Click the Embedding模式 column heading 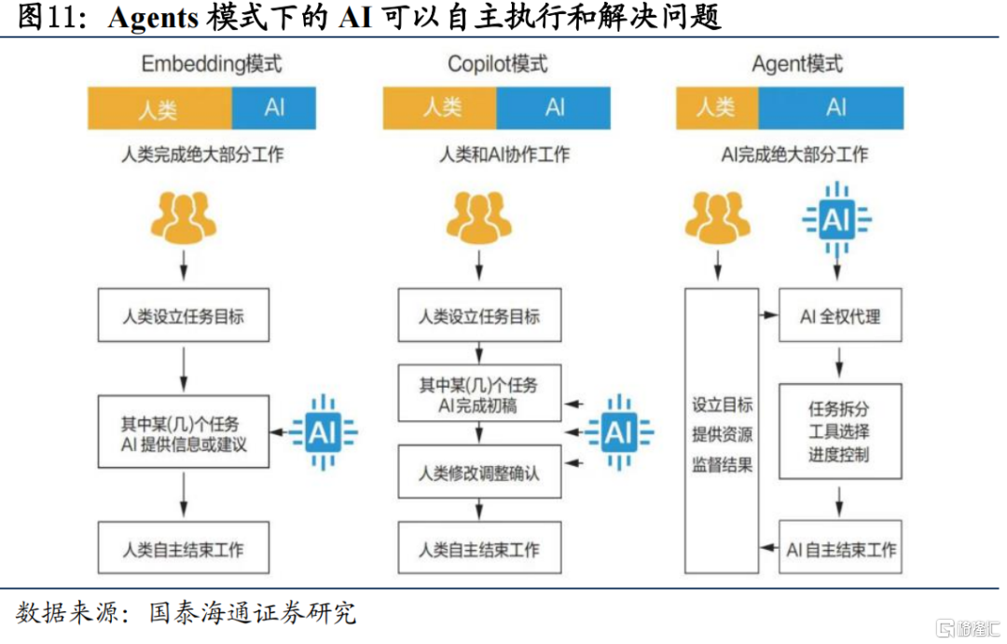point(212,63)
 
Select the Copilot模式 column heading point(497,63)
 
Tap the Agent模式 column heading point(796,63)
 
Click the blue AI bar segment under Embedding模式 point(274,107)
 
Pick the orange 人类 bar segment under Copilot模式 point(440,107)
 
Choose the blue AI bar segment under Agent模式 point(831,107)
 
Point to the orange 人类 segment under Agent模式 point(717,107)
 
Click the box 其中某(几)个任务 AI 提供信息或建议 point(184,431)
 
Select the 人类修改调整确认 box point(479,473)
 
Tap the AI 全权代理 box point(839,316)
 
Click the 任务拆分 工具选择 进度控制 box point(839,432)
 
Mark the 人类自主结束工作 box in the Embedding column point(184,548)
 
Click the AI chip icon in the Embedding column point(322,432)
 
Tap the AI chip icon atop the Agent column point(836,220)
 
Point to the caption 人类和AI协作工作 point(504,155)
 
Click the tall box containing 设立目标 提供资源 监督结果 point(722,431)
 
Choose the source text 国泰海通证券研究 point(253,614)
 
